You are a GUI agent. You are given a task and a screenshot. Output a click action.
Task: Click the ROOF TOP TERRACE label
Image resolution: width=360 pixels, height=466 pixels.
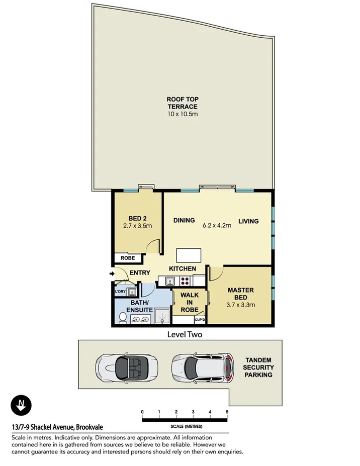pos(182,103)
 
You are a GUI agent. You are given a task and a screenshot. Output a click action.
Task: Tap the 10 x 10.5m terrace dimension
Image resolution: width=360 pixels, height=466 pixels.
pos(182,115)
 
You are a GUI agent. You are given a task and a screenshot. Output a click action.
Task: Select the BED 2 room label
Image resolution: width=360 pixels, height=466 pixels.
pos(137,218)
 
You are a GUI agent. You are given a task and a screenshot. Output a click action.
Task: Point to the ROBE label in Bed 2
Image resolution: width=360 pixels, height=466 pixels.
pos(127,258)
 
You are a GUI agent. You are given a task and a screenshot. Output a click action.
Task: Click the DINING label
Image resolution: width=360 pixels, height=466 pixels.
pos(184,220)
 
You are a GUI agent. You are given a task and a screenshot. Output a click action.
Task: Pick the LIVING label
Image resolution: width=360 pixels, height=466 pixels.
pos(248,221)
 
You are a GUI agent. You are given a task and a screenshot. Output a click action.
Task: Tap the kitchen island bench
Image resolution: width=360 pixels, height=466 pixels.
pos(192,255)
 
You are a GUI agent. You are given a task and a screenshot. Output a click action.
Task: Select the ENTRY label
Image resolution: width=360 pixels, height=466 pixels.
pos(140,273)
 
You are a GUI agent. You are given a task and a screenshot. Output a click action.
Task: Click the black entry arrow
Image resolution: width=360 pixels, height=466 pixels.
pos(111,273)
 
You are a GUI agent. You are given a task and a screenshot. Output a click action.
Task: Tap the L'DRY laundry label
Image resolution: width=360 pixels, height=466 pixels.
pos(120,292)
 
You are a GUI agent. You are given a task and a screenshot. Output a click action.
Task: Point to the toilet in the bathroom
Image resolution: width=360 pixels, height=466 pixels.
pos(123,317)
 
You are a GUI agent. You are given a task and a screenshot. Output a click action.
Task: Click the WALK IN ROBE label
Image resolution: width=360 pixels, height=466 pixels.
pos(189,302)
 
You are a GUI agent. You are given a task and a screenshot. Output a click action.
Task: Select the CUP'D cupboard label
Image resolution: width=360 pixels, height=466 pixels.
pos(200,320)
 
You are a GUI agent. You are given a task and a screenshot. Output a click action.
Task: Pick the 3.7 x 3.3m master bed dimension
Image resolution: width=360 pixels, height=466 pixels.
pos(240,305)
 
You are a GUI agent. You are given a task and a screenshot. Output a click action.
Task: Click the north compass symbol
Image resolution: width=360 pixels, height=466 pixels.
pos(21,405)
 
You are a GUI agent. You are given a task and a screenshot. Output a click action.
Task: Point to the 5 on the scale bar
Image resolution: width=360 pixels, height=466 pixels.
pos(227,412)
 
